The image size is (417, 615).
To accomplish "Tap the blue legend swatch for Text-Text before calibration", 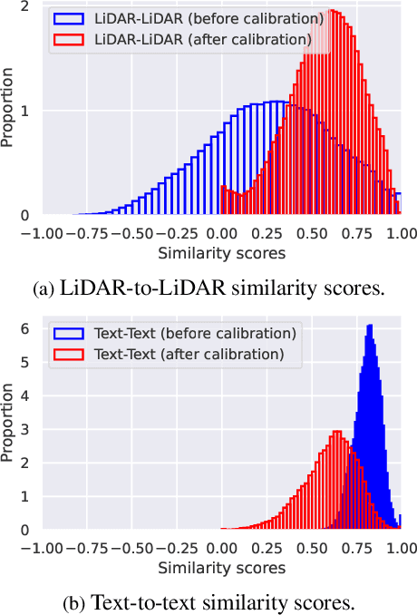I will point(71,333).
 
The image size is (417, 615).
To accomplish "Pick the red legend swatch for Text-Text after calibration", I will point(71,353).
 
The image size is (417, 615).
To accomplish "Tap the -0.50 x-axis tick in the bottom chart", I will point(131,547).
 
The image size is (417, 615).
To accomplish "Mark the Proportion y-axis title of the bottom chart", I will point(8,425).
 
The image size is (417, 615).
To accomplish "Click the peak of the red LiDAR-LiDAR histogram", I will point(333,12).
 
